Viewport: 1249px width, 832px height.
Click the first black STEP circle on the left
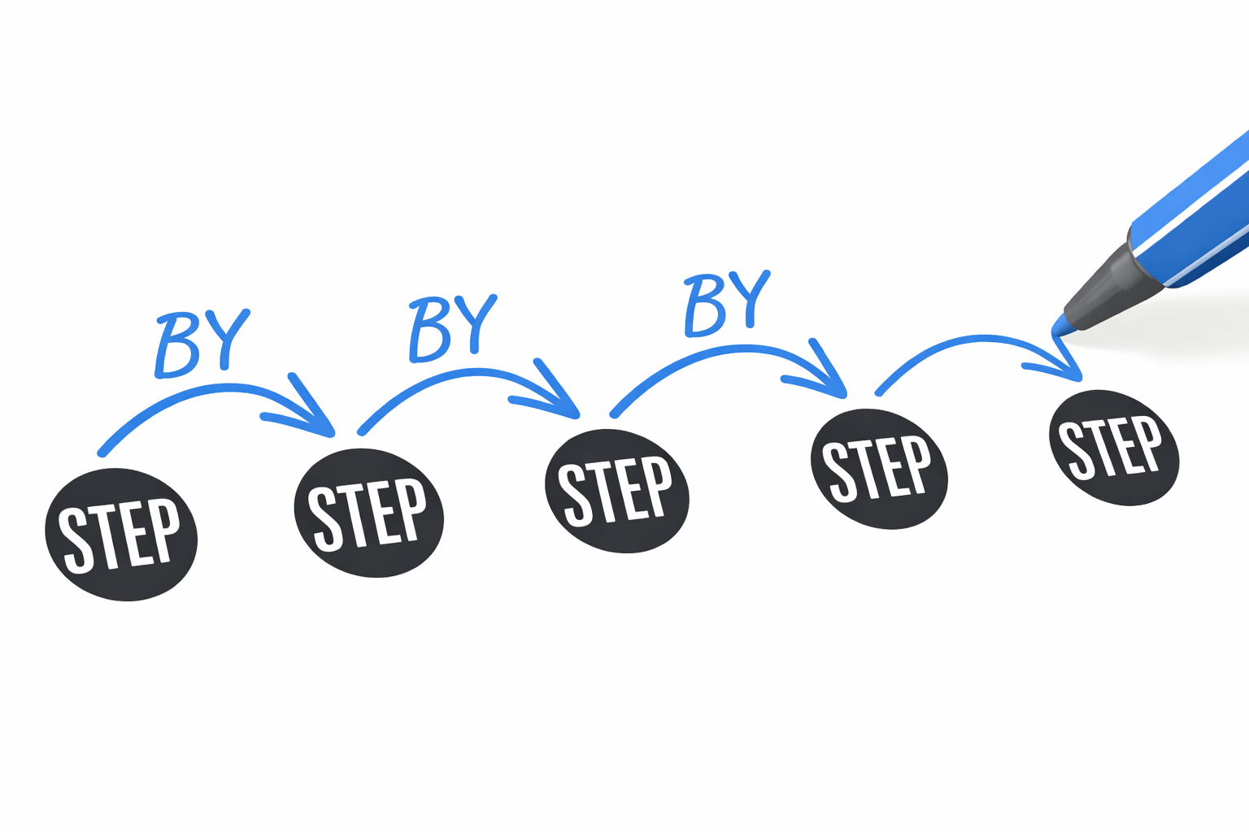click(x=121, y=535)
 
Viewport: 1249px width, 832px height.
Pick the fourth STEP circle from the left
click(x=879, y=469)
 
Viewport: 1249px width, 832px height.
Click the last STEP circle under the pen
click(x=1113, y=448)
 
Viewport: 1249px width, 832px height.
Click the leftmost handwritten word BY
click(x=200, y=343)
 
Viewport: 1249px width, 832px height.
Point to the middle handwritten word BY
click(x=451, y=327)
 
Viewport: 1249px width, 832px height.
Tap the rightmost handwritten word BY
click(x=726, y=302)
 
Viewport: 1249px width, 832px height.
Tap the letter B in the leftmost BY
click(x=177, y=347)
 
